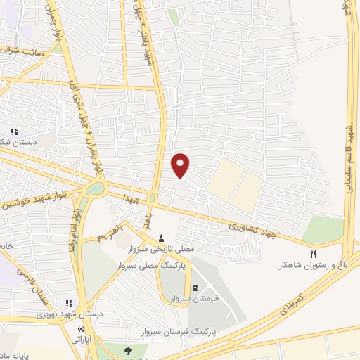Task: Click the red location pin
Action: [181, 165]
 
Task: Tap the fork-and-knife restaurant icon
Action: [314, 254]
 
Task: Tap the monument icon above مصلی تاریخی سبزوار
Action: [162, 238]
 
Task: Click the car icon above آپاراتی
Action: [82, 328]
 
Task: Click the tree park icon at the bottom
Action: [127, 351]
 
